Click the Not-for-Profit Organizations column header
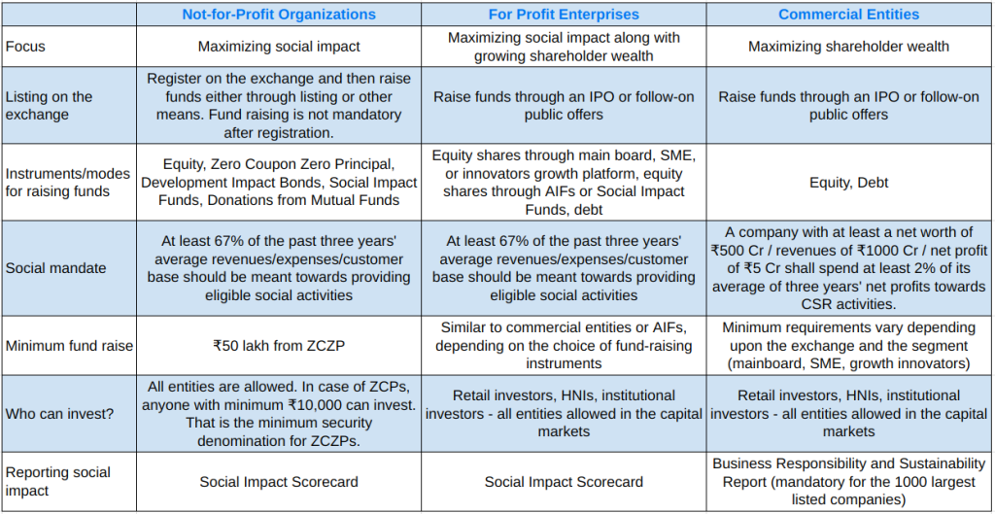tap(279, 14)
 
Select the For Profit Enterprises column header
tap(564, 14)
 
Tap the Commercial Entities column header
tap(849, 14)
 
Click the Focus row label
tap(25, 46)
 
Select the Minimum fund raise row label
tap(69, 346)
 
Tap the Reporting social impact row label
tap(58, 481)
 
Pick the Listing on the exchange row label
tap(49, 105)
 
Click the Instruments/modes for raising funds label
tap(67, 182)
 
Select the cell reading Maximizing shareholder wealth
tap(849, 46)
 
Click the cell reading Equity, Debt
tap(849, 182)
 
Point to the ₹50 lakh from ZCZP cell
tap(279, 346)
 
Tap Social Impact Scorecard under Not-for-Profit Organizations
tap(279, 482)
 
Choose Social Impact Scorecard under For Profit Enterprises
tap(564, 482)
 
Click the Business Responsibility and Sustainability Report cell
tap(849, 482)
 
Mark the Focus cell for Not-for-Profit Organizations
tap(279, 46)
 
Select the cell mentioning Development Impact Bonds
tap(279, 183)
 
